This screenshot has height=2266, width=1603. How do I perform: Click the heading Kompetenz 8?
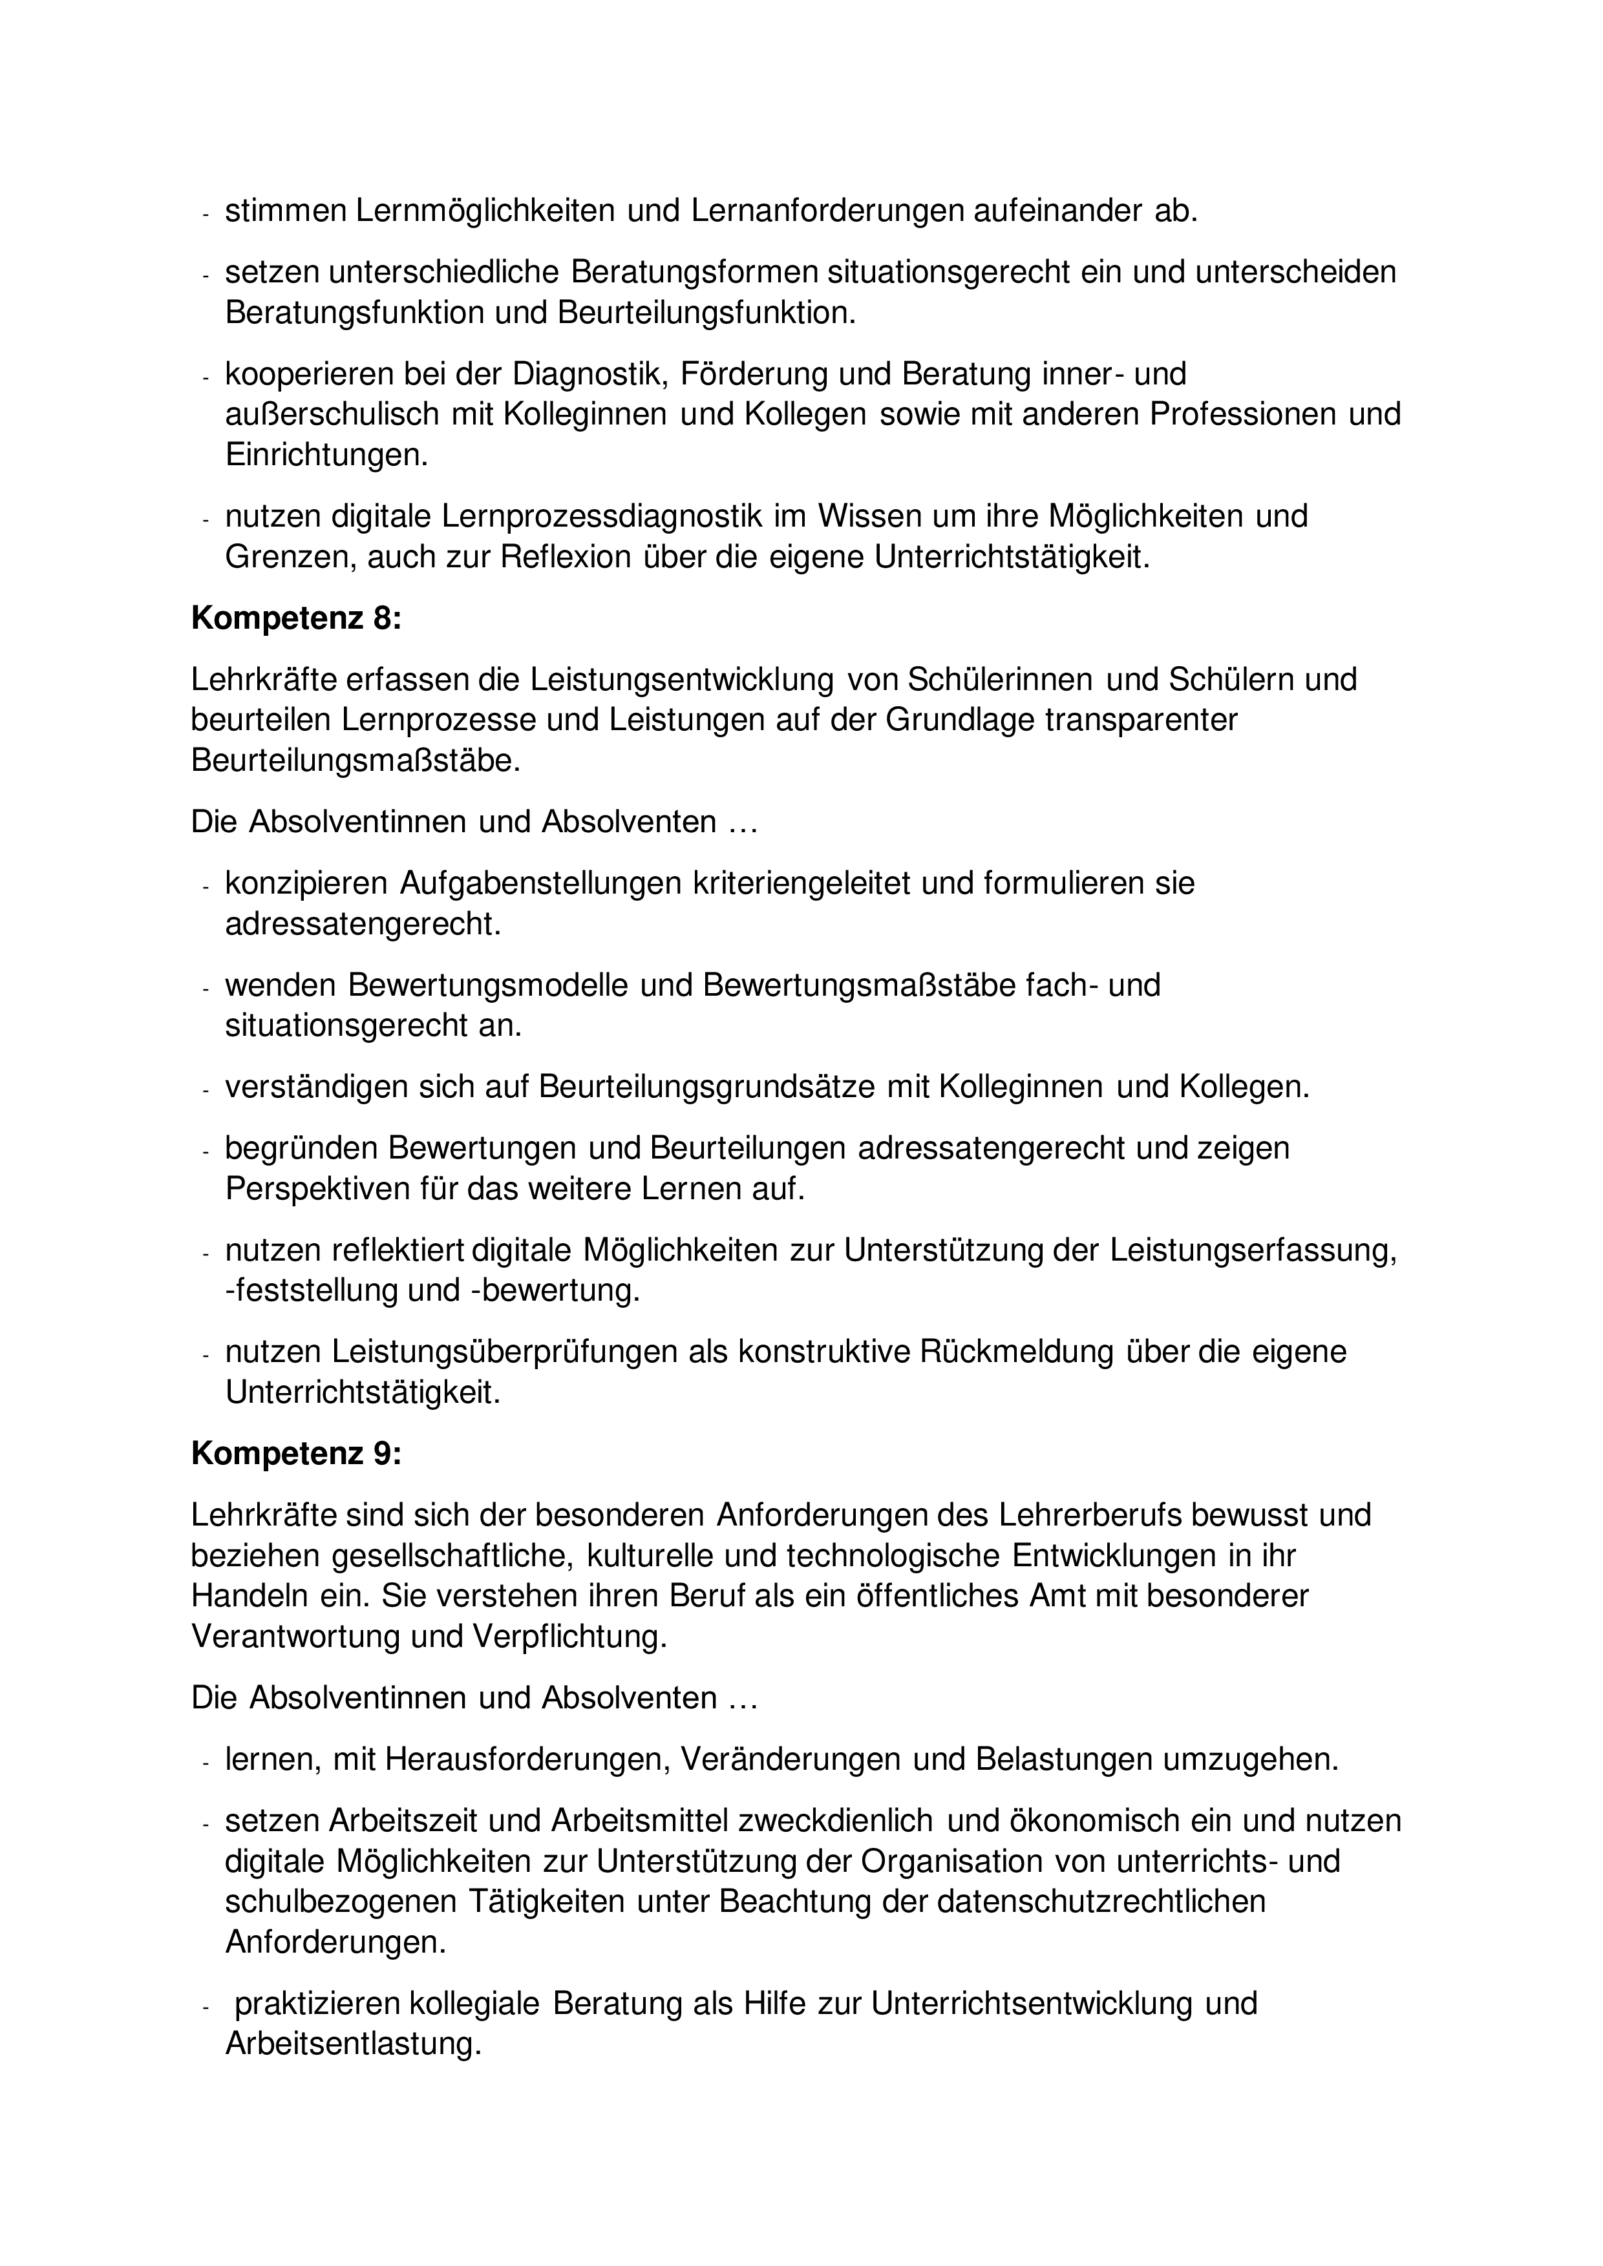coord(296,619)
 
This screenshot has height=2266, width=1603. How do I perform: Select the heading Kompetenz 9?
coord(296,1454)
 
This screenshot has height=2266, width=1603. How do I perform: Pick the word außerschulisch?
coord(333,415)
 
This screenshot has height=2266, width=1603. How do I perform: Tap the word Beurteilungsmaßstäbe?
coord(354,762)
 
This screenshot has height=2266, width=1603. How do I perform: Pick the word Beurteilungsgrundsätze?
coord(706,1087)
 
